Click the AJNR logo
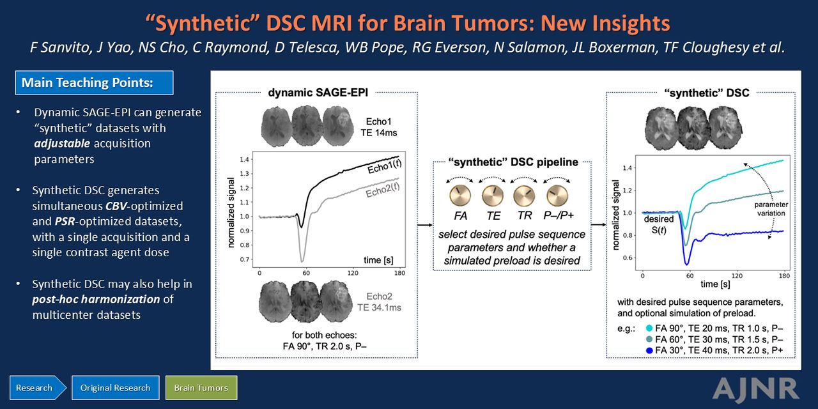click(x=755, y=389)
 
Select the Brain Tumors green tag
click(x=201, y=387)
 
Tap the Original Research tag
click(x=116, y=387)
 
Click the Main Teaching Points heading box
click(x=94, y=83)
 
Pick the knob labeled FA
click(x=460, y=196)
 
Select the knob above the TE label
click(x=493, y=196)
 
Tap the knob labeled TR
click(x=525, y=196)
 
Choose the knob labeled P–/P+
click(x=557, y=196)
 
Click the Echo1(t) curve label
click(x=385, y=166)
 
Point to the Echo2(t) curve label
click(x=383, y=190)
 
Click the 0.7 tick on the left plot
click(x=244, y=259)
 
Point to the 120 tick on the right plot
click(x=737, y=275)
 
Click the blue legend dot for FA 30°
click(x=649, y=351)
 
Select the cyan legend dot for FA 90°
click(x=649, y=328)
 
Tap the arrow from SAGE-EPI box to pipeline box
click(x=425, y=226)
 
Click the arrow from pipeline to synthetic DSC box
click(x=599, y=224)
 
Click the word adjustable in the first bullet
click(x=62, y=144)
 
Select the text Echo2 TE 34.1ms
click(x=379, y=302)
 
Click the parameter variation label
click(x=771, y=209)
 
